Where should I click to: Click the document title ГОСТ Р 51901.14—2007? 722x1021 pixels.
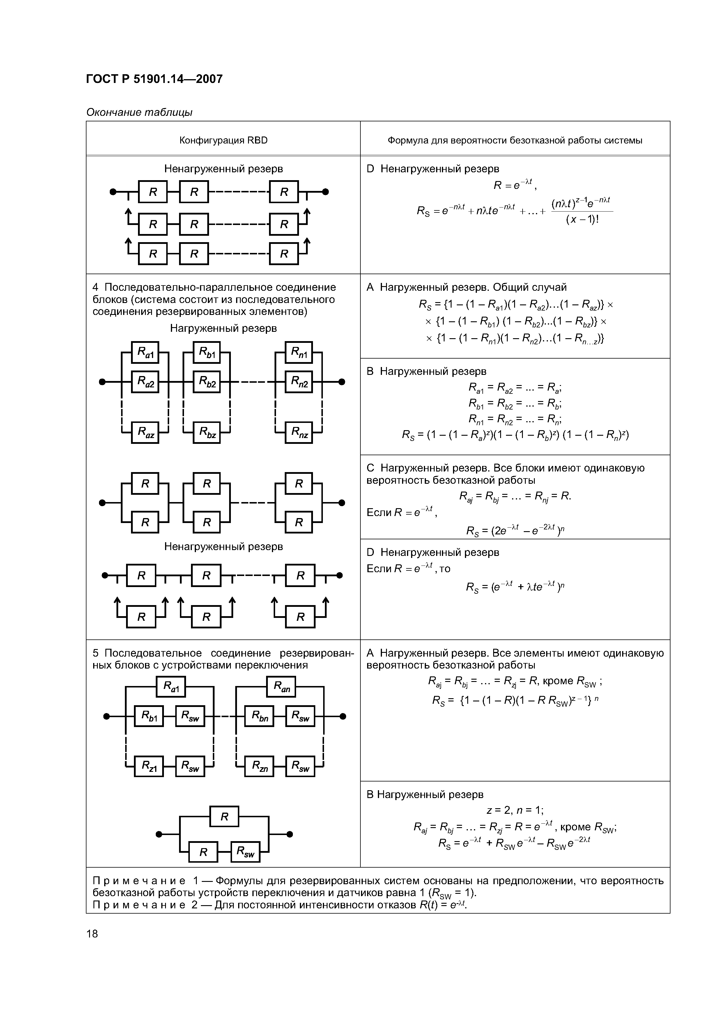[154, 79]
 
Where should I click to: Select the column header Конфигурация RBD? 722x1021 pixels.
[223, 141]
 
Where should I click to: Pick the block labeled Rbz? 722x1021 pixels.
[207, 432]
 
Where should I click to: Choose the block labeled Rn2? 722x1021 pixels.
[299, 382]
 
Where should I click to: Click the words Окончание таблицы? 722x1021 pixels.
[139, 113]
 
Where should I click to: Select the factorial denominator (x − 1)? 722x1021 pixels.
[582, 220]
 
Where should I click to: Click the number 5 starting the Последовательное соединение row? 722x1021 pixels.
[95, 653]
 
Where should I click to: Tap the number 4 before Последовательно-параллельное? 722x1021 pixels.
[95, 287]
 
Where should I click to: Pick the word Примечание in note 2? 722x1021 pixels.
[139, 905]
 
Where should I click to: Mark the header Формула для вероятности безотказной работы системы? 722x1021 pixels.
[515, 141]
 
